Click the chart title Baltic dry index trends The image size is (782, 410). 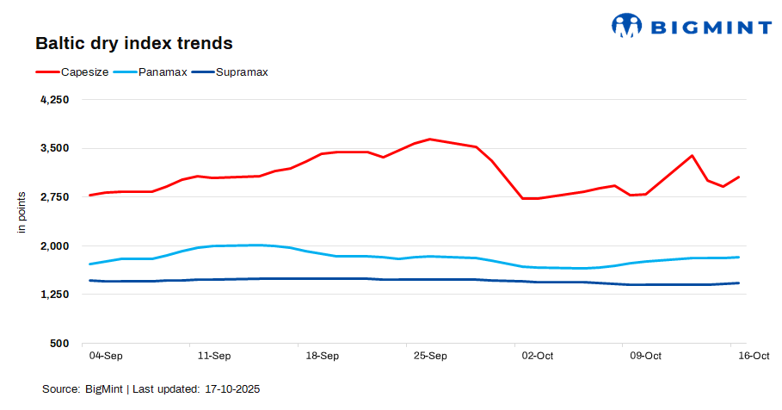click(133, 42)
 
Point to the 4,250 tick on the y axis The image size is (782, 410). click(53, 100)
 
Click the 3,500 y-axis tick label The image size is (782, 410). click(53, 148)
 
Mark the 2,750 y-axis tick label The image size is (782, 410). click(53, 197)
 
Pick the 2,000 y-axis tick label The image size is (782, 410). click(53, 246)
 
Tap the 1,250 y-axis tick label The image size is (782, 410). click(53, 295)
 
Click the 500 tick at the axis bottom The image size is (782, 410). click(59, 344)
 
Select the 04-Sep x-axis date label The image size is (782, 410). click(106, 355)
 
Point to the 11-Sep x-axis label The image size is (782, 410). click(214, 355)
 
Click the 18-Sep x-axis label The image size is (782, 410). click(322, 355)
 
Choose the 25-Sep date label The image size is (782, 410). click(430, 355)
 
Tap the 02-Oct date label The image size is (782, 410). click(538, 355)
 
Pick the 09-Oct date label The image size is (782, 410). click(646, 355)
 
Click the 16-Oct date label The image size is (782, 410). click(754, 355)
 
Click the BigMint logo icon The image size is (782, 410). click(627, 25)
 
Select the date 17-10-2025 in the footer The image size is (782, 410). click(232, 389)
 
